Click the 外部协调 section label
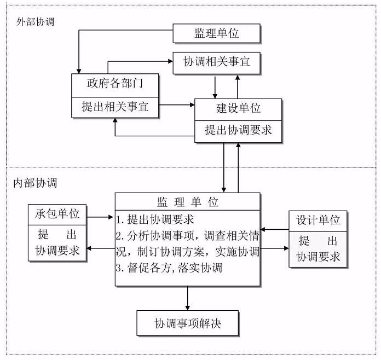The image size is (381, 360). (x=35, y=22)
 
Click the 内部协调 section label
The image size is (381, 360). (x=35, y=183)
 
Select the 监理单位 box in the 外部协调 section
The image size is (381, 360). (x=216, y=33)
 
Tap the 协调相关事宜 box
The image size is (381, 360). (x=216, y=63)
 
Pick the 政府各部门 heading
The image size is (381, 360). (x=115, y=83)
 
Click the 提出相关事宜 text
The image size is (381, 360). (x=115, y=107)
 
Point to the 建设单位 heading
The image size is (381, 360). (x=238, y=108)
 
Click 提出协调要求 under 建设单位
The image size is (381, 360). (x=238, y=130)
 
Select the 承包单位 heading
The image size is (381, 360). (x=57, y=214)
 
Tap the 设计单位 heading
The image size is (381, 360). (x=318, y=220)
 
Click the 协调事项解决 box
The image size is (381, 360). (x=188, y=323)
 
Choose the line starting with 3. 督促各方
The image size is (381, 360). (x=169, y=268)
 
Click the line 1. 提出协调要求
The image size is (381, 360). (x=155, y=219)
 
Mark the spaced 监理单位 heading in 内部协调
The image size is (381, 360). (x=188, y=202)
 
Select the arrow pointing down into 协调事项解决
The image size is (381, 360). (x=188, y=298)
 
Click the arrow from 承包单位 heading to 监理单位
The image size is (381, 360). (x=100, y=217)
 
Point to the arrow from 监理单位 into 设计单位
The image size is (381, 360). (x=275, y=248)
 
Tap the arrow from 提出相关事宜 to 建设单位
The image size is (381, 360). (x=177, y=105)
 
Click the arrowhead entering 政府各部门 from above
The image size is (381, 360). (x=79, y=71)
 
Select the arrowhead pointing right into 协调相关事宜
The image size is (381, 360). (x=170, y=61)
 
